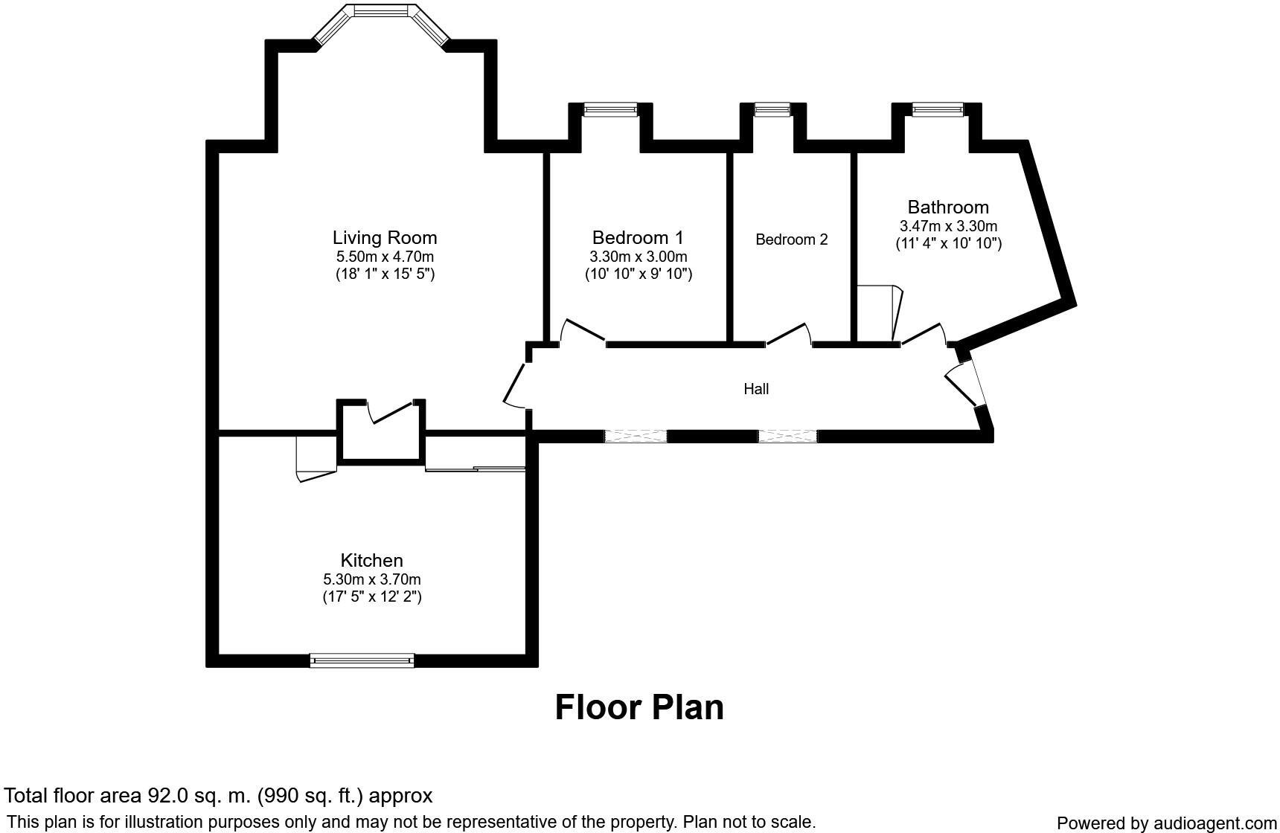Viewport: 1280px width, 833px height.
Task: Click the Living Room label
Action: click(384, 238)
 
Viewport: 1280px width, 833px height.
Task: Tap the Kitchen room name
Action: click(371, 561)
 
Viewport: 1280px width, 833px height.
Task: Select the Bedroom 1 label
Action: click(638, 238)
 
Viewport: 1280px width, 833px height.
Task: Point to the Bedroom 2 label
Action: click(791, 239)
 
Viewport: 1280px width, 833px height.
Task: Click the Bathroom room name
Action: click(948, 208)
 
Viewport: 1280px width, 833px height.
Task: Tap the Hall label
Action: click(756, 389)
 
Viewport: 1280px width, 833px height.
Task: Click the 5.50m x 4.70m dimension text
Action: click(384, 257)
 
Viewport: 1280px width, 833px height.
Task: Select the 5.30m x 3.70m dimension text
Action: click(371, 579)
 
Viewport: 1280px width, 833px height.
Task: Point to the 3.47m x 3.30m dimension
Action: click(948, 226)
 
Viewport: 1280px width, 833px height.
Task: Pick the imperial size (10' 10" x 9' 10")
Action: click(638, 274)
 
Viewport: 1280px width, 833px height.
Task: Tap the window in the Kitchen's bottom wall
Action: click(362, 660)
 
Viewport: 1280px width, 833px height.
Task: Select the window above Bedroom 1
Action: click(610, 110)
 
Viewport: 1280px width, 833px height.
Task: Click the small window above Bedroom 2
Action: click(772, 110)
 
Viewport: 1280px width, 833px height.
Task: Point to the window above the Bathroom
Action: click(937, 110)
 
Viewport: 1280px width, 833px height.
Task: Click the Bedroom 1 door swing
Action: click(582, 332)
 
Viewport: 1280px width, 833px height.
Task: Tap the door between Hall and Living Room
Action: click(515, 385)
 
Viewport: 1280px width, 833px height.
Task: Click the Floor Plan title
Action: click(639, 707)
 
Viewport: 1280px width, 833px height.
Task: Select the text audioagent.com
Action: click(1215, 823)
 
